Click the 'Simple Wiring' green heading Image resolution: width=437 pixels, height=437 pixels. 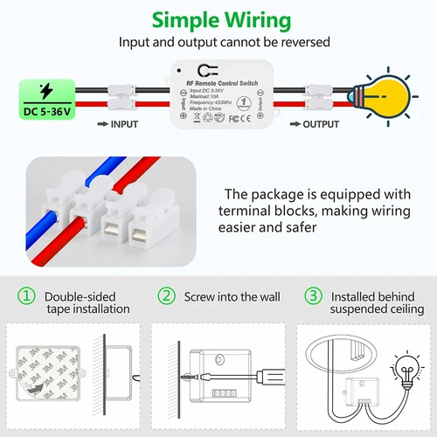tap(218, 20)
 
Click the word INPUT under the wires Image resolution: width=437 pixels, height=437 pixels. tap(123, 124)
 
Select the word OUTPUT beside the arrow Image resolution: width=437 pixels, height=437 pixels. tap(320, 124)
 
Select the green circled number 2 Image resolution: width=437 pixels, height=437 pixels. tap(166, 297)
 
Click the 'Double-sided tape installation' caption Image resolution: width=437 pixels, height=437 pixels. tap(87, 302)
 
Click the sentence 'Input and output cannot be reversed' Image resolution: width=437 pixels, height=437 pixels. tap(218, 41)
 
